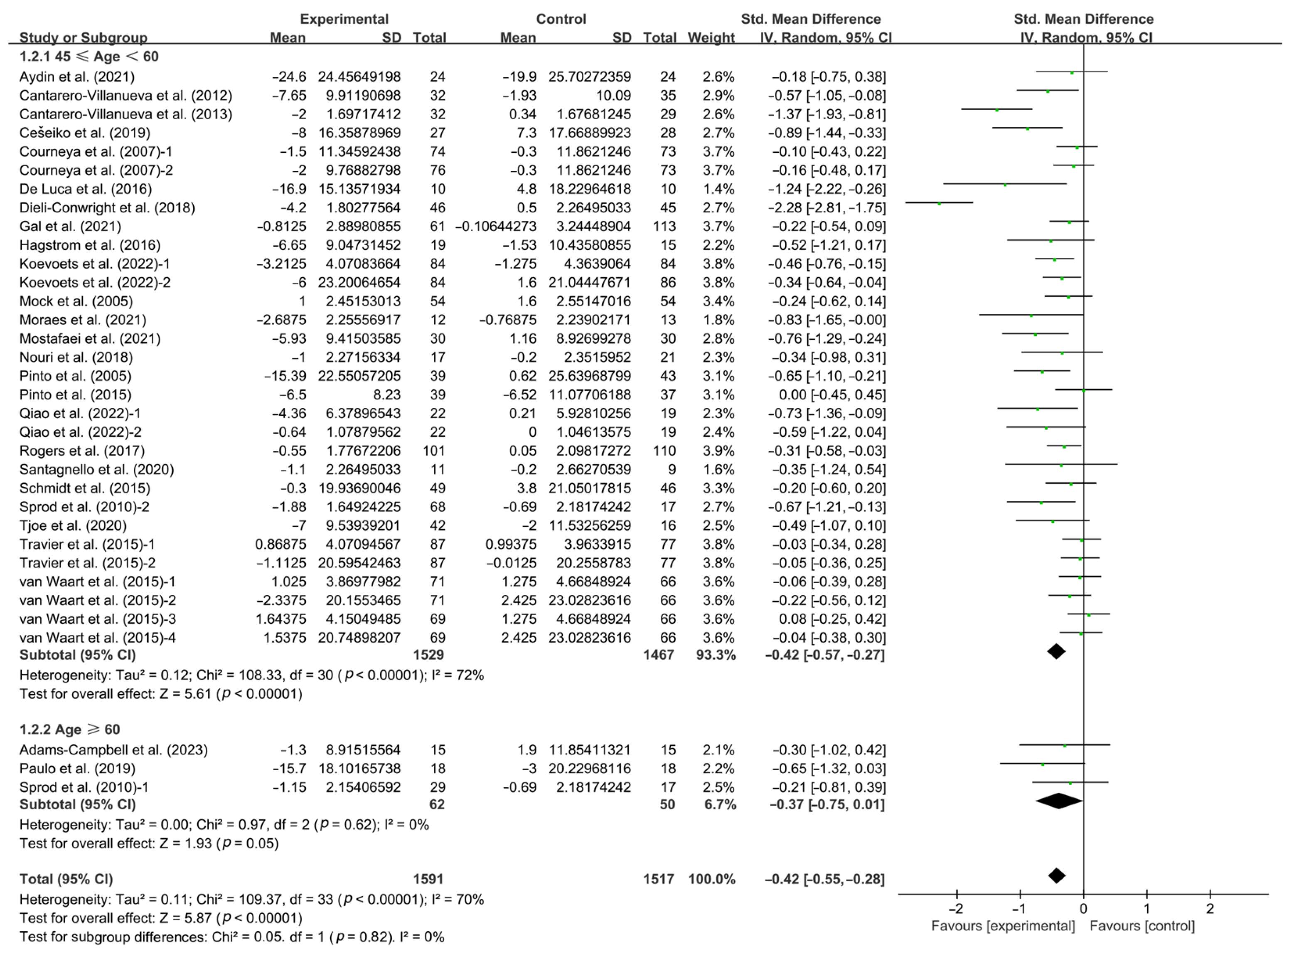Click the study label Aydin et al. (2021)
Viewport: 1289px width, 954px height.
click(77, 77)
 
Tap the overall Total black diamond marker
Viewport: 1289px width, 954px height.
click(1056, 876)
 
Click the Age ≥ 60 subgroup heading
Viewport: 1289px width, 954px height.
click(70, 730)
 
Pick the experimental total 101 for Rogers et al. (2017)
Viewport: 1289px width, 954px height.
click(433, 451)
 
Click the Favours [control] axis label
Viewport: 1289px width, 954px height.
click(1142, 926)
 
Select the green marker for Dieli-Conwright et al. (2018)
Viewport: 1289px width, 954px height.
click(939, 204)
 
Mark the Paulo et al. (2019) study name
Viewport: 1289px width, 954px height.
click(77, 769)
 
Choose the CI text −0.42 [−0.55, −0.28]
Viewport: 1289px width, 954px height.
click(824, 879)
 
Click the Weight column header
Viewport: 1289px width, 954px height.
click(711, 37)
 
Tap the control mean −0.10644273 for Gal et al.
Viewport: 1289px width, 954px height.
click(496, 227)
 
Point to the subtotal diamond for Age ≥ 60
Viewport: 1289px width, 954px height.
click(1059, 801)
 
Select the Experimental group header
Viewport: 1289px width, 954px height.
click(344, 19)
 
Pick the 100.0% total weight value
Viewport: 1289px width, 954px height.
click(712, 879)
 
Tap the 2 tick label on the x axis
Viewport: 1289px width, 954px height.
click(1210, 908)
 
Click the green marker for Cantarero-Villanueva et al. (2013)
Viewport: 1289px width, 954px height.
click(997, 110)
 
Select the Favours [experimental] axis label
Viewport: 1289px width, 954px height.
click(1003, 926)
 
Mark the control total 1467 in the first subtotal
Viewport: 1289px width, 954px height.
click(659, 655)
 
